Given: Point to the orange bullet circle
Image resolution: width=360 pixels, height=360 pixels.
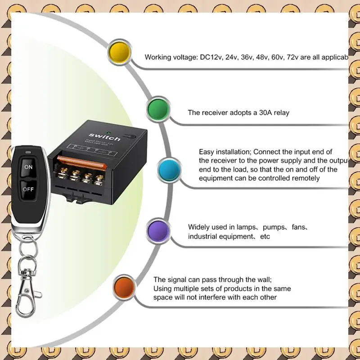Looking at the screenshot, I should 125,287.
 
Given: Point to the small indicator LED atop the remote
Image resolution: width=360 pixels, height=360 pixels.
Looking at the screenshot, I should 28,152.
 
